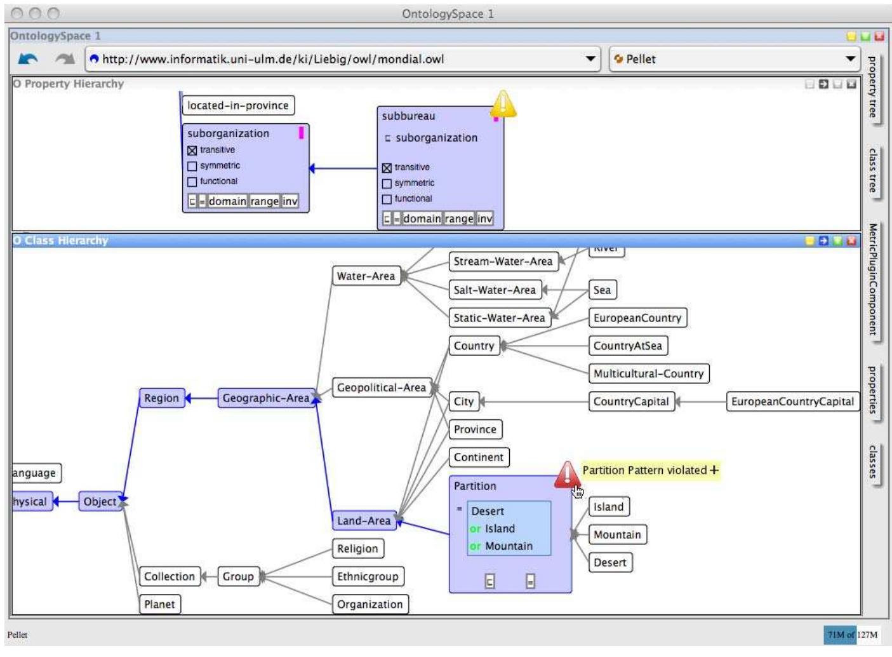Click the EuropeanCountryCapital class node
tap(792, 402)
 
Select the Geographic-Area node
tap(265, 398)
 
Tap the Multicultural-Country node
tap(648, 374)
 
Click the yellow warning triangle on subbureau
tap(503, 104)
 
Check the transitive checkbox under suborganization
tap(192, 151)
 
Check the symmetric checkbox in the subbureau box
tap(387, 184)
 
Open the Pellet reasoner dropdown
tap(733, 59)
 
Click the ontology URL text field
tap(336, 59)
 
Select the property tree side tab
tap(873, 87)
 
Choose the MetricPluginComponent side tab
tap(873, 280)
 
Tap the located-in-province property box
tap(237, 105)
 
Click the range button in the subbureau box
tap(458, 219)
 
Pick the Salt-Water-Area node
tap(494, 290)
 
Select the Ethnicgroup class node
tap(367, 576)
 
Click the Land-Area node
tap(363, 520)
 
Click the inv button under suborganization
tap(290, 201)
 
